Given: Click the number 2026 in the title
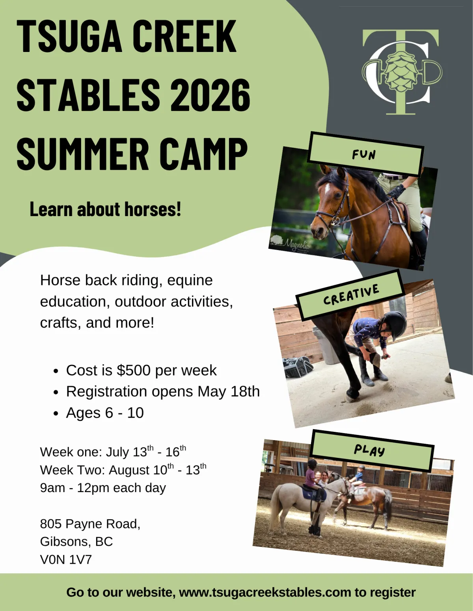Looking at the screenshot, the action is coord(210,95).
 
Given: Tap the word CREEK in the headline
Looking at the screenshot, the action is coord(184,36).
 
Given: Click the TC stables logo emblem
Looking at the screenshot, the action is coord(402,72).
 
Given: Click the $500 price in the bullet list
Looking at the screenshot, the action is coord(134,370).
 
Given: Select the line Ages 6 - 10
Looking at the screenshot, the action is coord(105,413).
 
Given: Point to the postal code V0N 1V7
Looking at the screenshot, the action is coord(66,559).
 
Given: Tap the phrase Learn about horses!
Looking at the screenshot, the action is coord(105,209).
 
